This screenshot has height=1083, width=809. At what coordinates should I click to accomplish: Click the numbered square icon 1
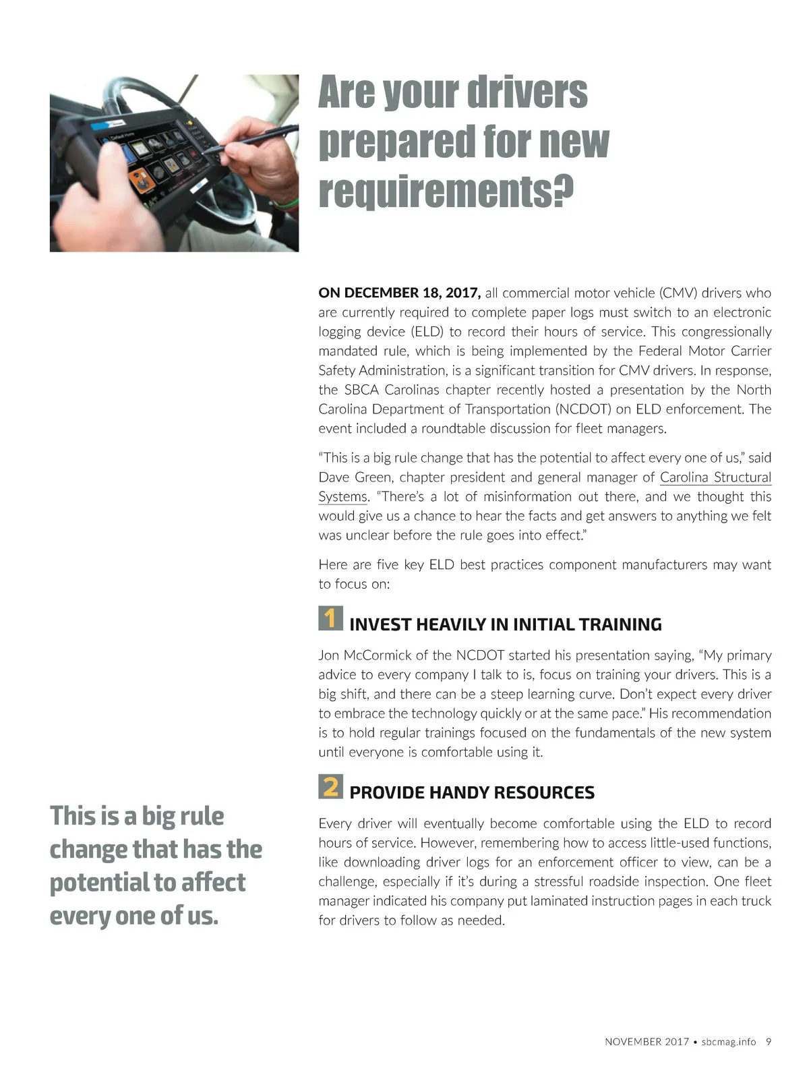330,618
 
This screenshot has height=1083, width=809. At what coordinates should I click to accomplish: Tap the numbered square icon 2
330,786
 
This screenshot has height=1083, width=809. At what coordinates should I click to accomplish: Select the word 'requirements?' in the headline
446,192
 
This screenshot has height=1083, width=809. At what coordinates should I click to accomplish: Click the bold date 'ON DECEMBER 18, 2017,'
399,293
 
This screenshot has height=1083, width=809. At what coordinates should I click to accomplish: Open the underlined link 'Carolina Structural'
715,477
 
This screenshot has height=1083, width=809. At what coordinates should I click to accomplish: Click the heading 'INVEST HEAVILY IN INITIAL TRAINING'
505,624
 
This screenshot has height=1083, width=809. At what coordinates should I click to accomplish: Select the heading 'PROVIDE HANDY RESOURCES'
472,792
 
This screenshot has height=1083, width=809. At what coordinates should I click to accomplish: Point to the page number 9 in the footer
769,1042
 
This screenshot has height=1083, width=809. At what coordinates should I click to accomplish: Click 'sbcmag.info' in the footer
729,1042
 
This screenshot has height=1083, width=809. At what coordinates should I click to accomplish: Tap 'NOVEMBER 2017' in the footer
647,1042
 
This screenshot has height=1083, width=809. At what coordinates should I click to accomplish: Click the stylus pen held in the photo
256,139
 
